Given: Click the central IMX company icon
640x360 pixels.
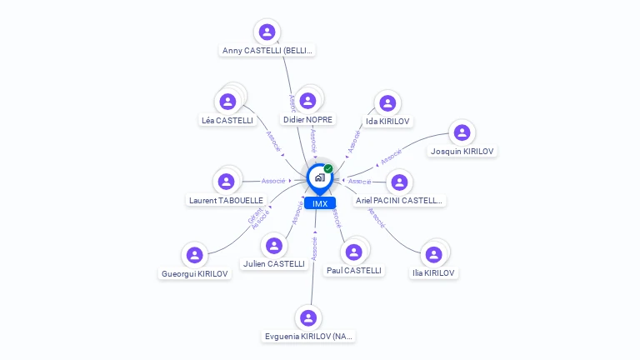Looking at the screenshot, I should [319, 177].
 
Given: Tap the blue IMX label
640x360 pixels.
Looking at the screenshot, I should [320, 203].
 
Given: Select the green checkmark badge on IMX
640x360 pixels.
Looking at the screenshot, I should [328, 168].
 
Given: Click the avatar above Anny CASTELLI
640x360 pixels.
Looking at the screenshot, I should [267, 32].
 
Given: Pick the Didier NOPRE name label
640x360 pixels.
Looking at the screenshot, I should [307, 120].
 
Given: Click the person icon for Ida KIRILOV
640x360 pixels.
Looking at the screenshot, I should [387, 103].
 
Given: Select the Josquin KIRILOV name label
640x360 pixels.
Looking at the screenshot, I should [462, 152].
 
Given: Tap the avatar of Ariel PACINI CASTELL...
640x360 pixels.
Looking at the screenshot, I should [399, 182].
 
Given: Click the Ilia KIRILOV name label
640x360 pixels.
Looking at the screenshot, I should [433, 273].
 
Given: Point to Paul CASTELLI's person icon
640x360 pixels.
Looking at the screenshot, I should [354, 251].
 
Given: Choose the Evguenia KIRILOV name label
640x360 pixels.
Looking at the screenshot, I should [309, 337].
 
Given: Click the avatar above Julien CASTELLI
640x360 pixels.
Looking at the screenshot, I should [273, 246].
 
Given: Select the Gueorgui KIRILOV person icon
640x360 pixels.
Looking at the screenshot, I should [194, 255].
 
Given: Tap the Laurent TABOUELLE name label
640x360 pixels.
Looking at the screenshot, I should [226, 201].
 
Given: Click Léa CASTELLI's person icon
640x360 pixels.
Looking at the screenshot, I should [227, 102].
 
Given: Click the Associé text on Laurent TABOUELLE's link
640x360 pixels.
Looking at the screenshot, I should [273, 181].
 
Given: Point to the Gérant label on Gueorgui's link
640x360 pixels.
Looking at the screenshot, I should [253, 216].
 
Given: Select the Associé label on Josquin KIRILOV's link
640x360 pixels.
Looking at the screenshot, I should [391, 156].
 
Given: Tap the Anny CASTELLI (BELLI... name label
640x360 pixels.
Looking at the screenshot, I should [267, 51].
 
